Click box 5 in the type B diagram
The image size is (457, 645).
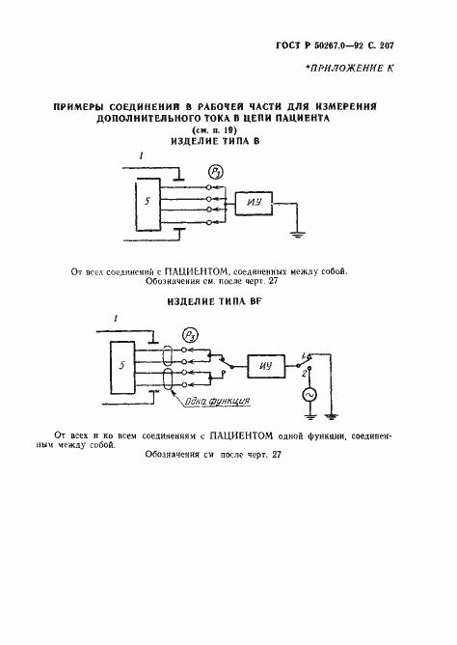pos(146,204)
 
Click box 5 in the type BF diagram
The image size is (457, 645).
pos(121,369)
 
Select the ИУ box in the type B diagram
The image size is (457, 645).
pos(255,202)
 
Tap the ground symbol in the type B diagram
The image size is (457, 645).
pos(301,233)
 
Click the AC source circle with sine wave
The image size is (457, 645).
pos(311,396)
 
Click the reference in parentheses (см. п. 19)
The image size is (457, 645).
pos(215,128)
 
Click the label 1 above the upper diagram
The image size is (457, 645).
pos(141,155)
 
